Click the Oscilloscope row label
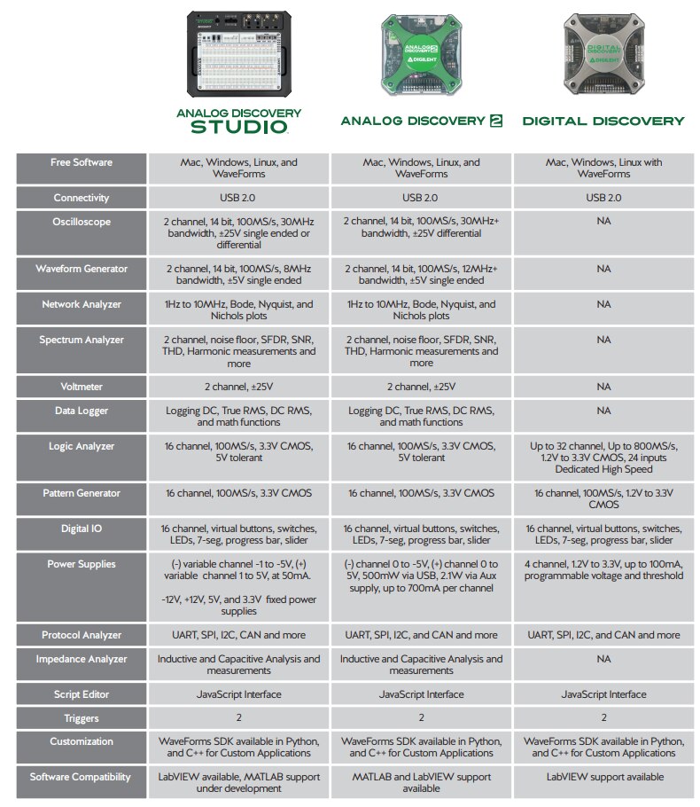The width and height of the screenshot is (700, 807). (x=82, y=222)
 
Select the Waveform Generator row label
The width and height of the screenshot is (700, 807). (x=82, y=269)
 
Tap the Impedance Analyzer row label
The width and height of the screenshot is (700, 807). (x=82, y=659)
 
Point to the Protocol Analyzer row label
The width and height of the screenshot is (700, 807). (x=82, y=635)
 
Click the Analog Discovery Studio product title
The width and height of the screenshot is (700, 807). (x=238, y=121)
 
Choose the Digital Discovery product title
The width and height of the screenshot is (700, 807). (x=603, y=121)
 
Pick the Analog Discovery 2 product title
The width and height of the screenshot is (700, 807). (x=421, y=121)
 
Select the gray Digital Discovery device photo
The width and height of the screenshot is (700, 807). (x=603, y=53)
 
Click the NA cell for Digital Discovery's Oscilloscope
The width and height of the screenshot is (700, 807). (x=603, y=222)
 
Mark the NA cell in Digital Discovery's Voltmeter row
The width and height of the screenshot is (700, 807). (x=603, y=387)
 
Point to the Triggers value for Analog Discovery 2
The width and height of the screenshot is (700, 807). (x=421, y=718)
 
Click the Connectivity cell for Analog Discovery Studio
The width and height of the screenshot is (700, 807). (x=238, y=198)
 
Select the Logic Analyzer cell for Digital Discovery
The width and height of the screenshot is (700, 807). (x=603, y=458)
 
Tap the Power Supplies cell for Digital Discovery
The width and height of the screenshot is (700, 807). (x=603, y=570)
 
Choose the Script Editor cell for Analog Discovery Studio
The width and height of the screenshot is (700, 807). (x=238, y=694)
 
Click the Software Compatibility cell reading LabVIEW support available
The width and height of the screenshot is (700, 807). (x=603, y=777)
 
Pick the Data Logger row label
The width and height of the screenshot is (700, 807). (x=82, y=411)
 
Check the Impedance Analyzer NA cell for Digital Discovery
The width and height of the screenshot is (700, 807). (x=603, y=659)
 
